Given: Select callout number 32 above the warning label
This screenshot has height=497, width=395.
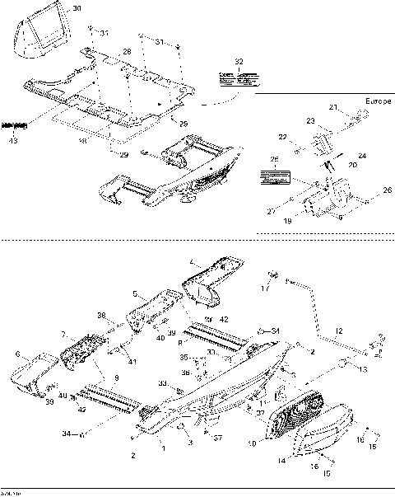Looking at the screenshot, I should (239, 62).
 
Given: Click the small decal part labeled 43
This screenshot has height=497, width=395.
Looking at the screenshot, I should (15, 125).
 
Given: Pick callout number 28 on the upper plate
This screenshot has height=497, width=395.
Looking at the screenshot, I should (127, 52).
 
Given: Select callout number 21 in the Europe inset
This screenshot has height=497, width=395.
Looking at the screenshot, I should (334, 108).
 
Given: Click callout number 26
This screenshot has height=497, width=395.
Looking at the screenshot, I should (388, 188).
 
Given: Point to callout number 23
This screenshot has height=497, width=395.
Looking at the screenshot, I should (310, 120).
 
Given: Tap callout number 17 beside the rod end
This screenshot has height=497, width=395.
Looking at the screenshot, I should (265, 288).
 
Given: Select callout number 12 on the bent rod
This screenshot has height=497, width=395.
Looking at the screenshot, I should (339, 330).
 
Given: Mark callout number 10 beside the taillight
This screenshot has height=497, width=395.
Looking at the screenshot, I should (253, 443).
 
